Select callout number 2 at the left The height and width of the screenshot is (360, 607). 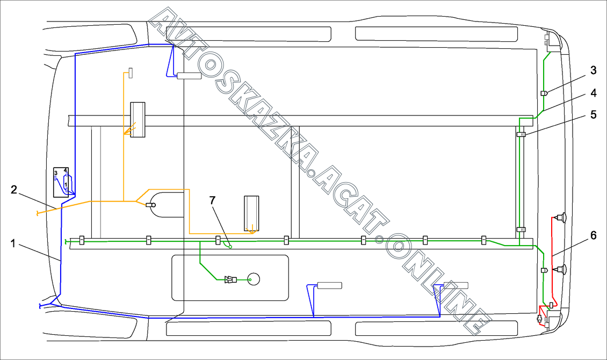pyautogui.click(x=14, y=189)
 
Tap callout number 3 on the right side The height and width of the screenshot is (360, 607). pyautogui.click(x=593, y=70)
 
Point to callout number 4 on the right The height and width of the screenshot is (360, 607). pyautogui.click(x=593, y=93)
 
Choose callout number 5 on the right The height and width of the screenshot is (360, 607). pyautogui.click(x=593, y=114)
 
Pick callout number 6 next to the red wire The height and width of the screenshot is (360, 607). pyautogui.click(x=593, y=235)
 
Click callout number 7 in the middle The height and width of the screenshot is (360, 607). pyautogui.click(x=212, y=200)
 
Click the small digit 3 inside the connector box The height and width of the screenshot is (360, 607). pyautogui.click(x=56, y=172)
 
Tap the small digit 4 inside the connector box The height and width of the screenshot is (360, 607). pyautogui.click(x=66, y=170)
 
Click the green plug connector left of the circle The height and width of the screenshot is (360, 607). pyautogui.click(x=231, y=279)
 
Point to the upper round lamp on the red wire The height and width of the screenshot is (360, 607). pyautogui.click(x=562, y=217)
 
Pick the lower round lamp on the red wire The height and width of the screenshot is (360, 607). pyautogui.click(x=562, y=270)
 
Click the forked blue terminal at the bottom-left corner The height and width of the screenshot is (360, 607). pyautogui.click(x=41, y=306)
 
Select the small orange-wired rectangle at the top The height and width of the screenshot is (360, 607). pyautogui.click(x=130, y=73)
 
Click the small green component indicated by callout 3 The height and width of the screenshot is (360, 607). pyautogui.click(x=544, y=93)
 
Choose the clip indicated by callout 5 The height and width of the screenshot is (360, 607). pyautogui.click(x=521, y=134)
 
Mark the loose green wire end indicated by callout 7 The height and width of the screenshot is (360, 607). pyautogui.click(x=230, y=247)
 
